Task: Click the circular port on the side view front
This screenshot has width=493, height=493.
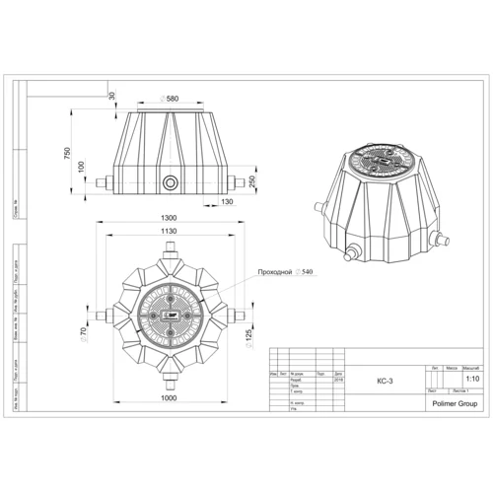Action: click(172, 183)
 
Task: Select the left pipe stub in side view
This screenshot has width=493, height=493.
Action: click(104, 183)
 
